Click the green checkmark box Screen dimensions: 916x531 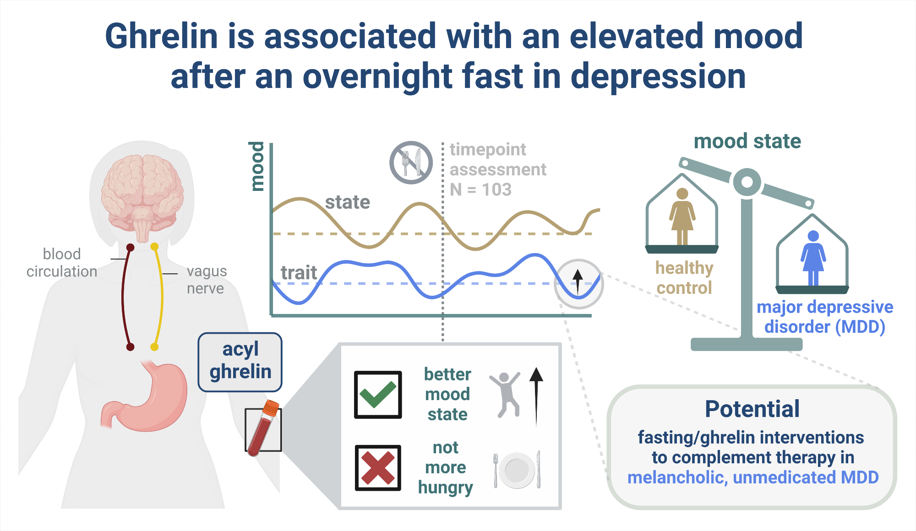pos(378,395)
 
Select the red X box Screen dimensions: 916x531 pos(378,468)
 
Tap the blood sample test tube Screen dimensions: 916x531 pos(263,428)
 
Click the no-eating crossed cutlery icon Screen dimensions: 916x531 pos(411,163)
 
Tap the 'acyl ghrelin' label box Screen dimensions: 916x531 pos(240,362)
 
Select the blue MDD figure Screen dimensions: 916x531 pos(813,258)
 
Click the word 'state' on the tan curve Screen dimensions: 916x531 pos(348,202)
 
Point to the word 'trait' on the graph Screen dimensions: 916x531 pos(299,273)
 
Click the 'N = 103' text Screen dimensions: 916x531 pos(480,190)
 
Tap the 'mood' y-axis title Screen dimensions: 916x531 pos(257,166)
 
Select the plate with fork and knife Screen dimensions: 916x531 pos(517,470)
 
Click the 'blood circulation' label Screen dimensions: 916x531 pos(62,263)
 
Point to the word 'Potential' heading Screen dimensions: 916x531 pos(752,409)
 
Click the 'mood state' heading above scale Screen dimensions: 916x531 pos(747,141)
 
